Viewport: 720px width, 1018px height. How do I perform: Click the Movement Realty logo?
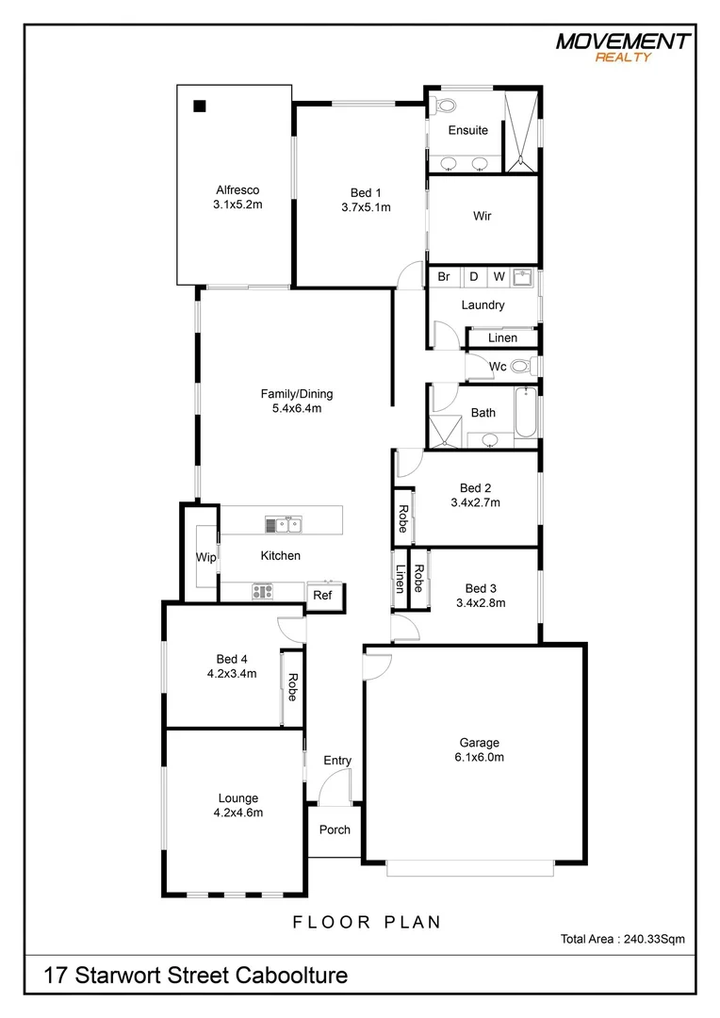tap(622, 46)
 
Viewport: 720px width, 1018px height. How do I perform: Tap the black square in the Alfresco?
tap(200, 106)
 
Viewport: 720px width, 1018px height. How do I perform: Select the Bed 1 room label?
tap(366, 193)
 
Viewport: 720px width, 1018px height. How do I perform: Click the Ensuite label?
tap(467, 130)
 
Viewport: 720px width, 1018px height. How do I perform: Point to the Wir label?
tap(483, 216)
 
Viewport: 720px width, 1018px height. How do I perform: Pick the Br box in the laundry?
tap(444, 277)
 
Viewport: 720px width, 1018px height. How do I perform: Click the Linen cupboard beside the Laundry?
tap(502, 337)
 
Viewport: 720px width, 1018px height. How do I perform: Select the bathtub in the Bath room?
tap(526, 412)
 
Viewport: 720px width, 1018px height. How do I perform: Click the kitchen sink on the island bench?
tap(283, 524)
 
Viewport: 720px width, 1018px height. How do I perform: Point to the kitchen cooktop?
tap(262, 592)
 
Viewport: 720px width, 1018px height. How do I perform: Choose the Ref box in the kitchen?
tap(322, 596)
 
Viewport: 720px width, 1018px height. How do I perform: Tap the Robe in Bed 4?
tap(292, 687)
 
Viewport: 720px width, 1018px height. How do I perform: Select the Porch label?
tap(335, 830)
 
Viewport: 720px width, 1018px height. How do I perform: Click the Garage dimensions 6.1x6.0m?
tap(480, 757)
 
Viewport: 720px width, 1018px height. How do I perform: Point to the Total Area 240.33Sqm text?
tap(622, 939)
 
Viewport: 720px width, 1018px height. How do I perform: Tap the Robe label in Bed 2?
tap(402, 518)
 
